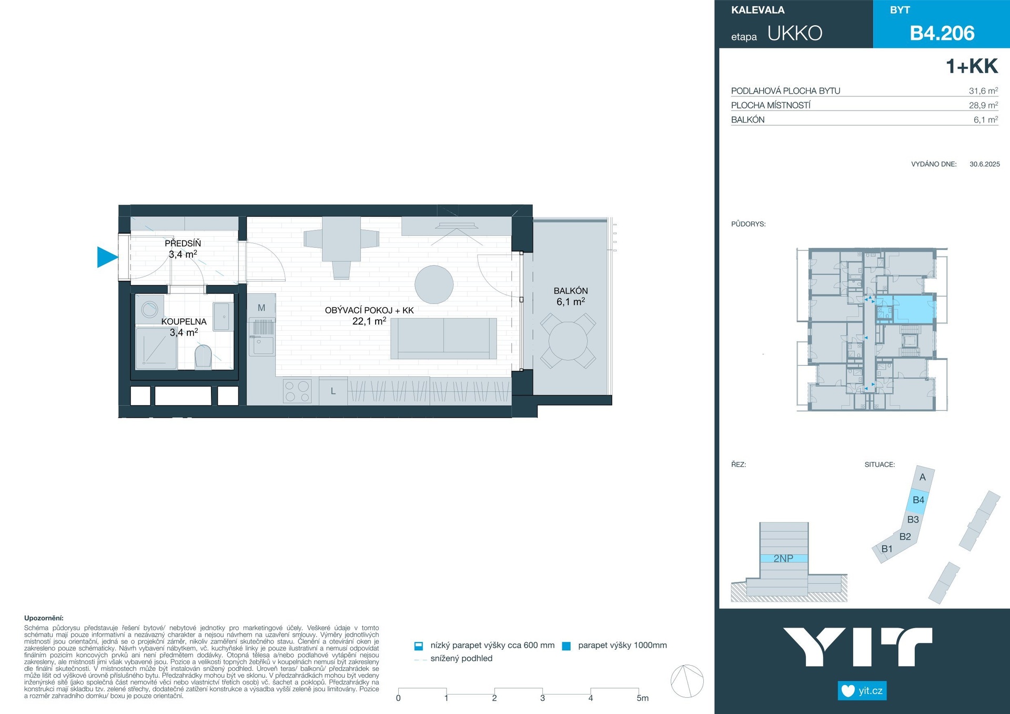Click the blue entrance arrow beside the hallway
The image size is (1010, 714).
pyautogui.click(x=107, y=257)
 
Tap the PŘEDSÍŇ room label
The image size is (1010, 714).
pyautogui.click(x=183, y=243)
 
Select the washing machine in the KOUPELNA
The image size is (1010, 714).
pyautogui.click(x=150, y=308)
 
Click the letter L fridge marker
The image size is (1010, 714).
pyautogui.click(x=333, y=391)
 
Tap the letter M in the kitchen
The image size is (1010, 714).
pyautogui.click(x=261, y=308)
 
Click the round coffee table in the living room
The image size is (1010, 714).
pyautogui.click(x=434, y=285)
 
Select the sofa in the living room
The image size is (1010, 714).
pyautogui.click(x=443, y=338)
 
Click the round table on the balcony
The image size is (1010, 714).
pyautogui.click(x=568, y=341)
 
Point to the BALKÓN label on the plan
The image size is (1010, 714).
pyautogui.click(x=571, y=290)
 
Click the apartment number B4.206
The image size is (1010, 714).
pyautogui.click(x=942, y=33)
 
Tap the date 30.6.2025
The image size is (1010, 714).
pyautogui.click(x=985, y=164)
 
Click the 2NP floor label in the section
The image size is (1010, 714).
pyautogui.click(x=783, y=558)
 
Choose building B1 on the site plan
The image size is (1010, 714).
pyautogui.click(x=887, y=549)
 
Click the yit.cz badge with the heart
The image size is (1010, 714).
pyautogui.click(x=862, y=690)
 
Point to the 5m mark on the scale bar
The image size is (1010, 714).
pyautogui.click(x=642, y=698)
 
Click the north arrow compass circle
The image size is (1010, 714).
pyautogui.click(x=687, y=681)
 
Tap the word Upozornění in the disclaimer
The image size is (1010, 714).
pyautogui.click(x=44, y=618)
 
